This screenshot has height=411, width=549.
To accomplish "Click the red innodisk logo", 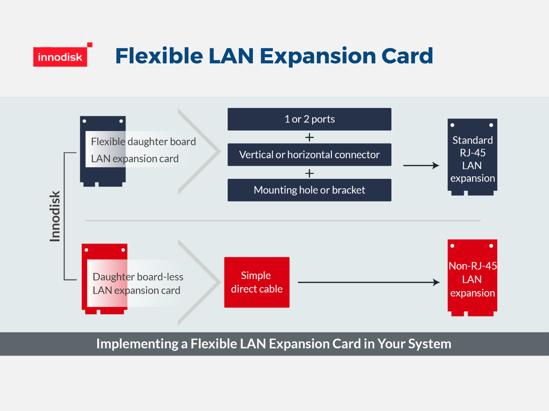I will pos(60,57).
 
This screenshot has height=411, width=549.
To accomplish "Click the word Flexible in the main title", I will pos(159,56).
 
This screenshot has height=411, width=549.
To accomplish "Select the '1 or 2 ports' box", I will pos(309,119).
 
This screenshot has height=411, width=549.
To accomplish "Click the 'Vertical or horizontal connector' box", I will pos(309,155).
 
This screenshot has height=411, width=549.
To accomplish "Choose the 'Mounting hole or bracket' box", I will pos(309,190).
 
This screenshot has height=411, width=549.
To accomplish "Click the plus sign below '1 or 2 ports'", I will pos(309,137).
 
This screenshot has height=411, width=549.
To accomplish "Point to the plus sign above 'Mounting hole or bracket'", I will pos(309,173).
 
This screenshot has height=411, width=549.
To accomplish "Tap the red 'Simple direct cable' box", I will pos(257,282).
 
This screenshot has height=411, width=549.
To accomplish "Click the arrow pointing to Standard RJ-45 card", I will pos(421,166).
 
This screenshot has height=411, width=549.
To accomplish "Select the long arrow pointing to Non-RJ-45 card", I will pos(369,282).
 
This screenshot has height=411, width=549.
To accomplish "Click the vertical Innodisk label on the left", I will pos(55,216).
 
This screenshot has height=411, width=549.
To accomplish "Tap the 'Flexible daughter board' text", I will pos(143,141).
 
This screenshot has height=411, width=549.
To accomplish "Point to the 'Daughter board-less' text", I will pos(138,277).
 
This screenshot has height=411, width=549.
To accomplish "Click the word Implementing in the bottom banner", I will pos(137,344).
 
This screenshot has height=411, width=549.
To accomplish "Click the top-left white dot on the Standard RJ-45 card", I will pos(452,125).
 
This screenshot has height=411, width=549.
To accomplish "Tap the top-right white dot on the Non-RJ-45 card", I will pos(491,246).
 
